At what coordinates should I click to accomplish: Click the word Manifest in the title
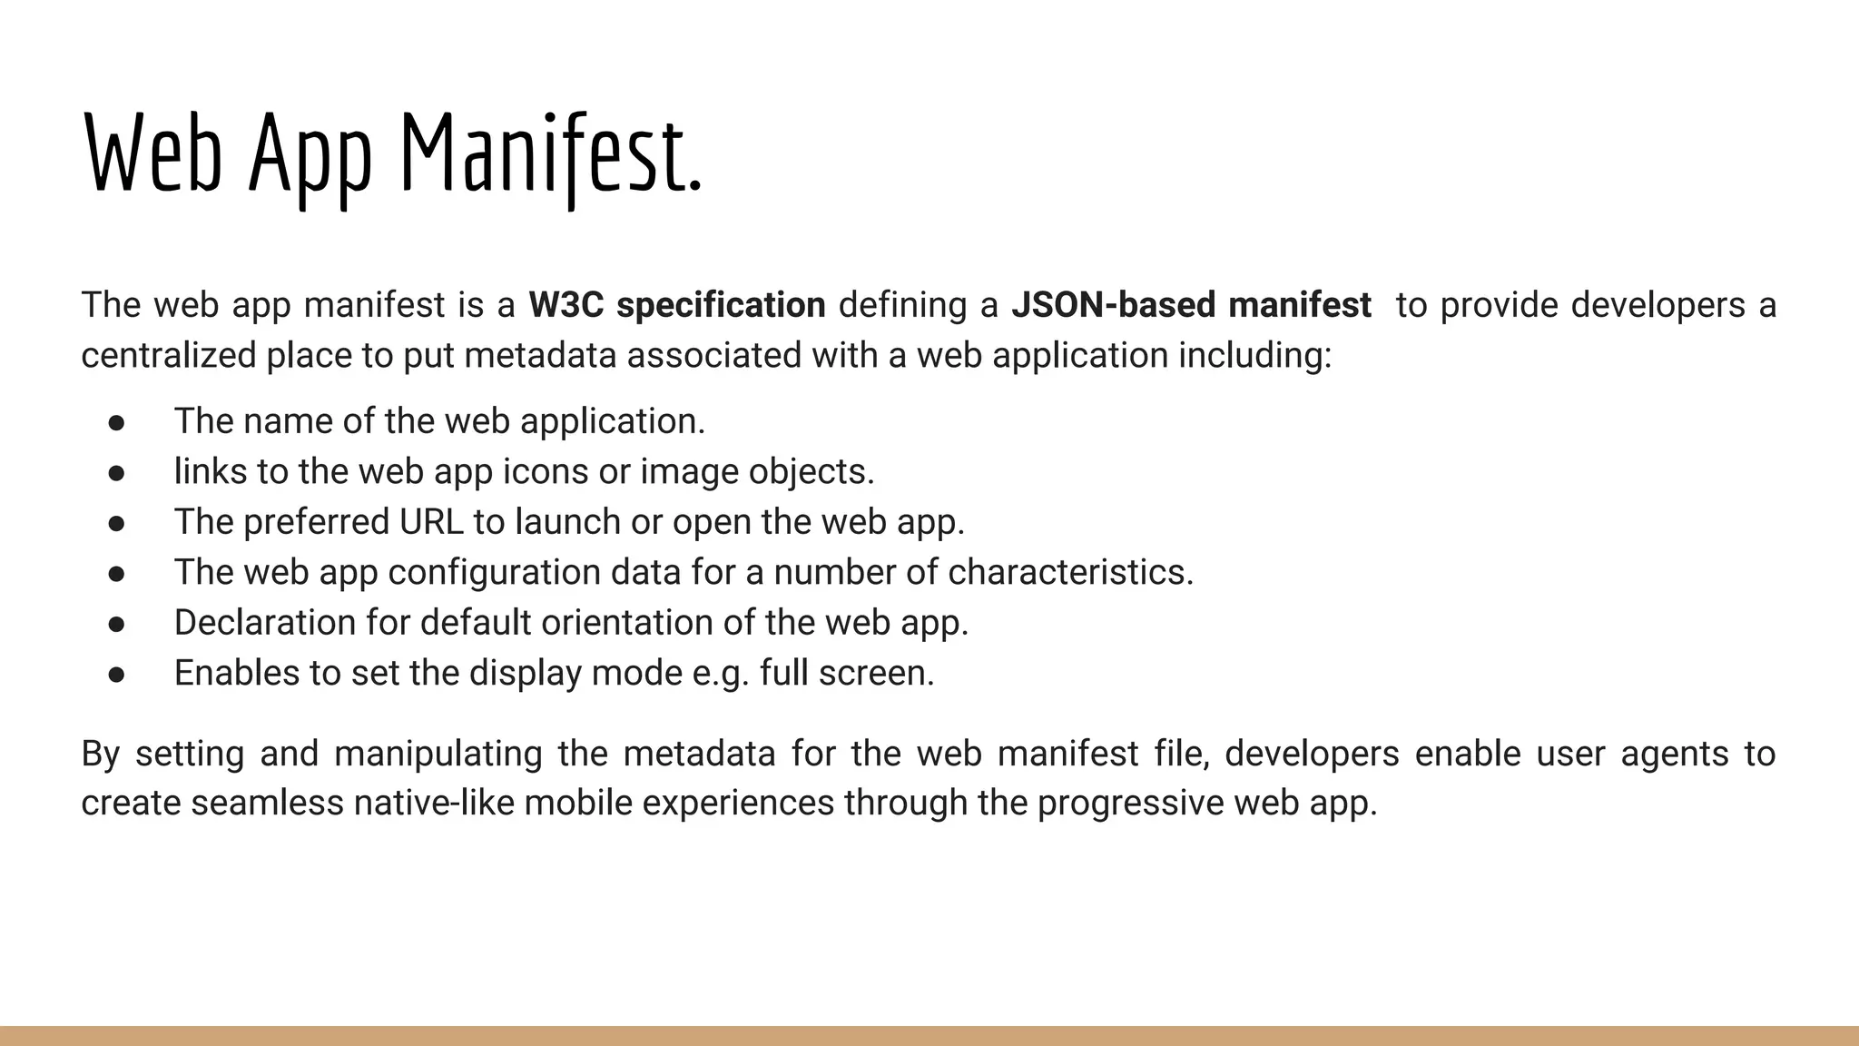(x=551, y=153)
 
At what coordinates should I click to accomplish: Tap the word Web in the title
(x=152, y=153)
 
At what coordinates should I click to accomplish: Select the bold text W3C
(x=566, y=305)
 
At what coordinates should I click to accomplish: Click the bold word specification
(x=721, y=305)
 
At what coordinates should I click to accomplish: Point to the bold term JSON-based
(x=1113, y=305)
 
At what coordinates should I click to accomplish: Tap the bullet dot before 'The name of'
(x=116, y=422)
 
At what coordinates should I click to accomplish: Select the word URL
(x=431, y=522)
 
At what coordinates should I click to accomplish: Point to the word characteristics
(x=1070, y=572)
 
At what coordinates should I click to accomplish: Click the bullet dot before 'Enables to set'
(x=116, y=674)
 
